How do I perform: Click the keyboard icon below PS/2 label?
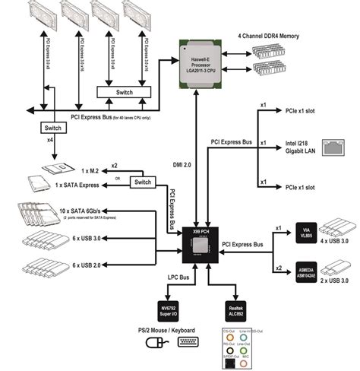[189, 342]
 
